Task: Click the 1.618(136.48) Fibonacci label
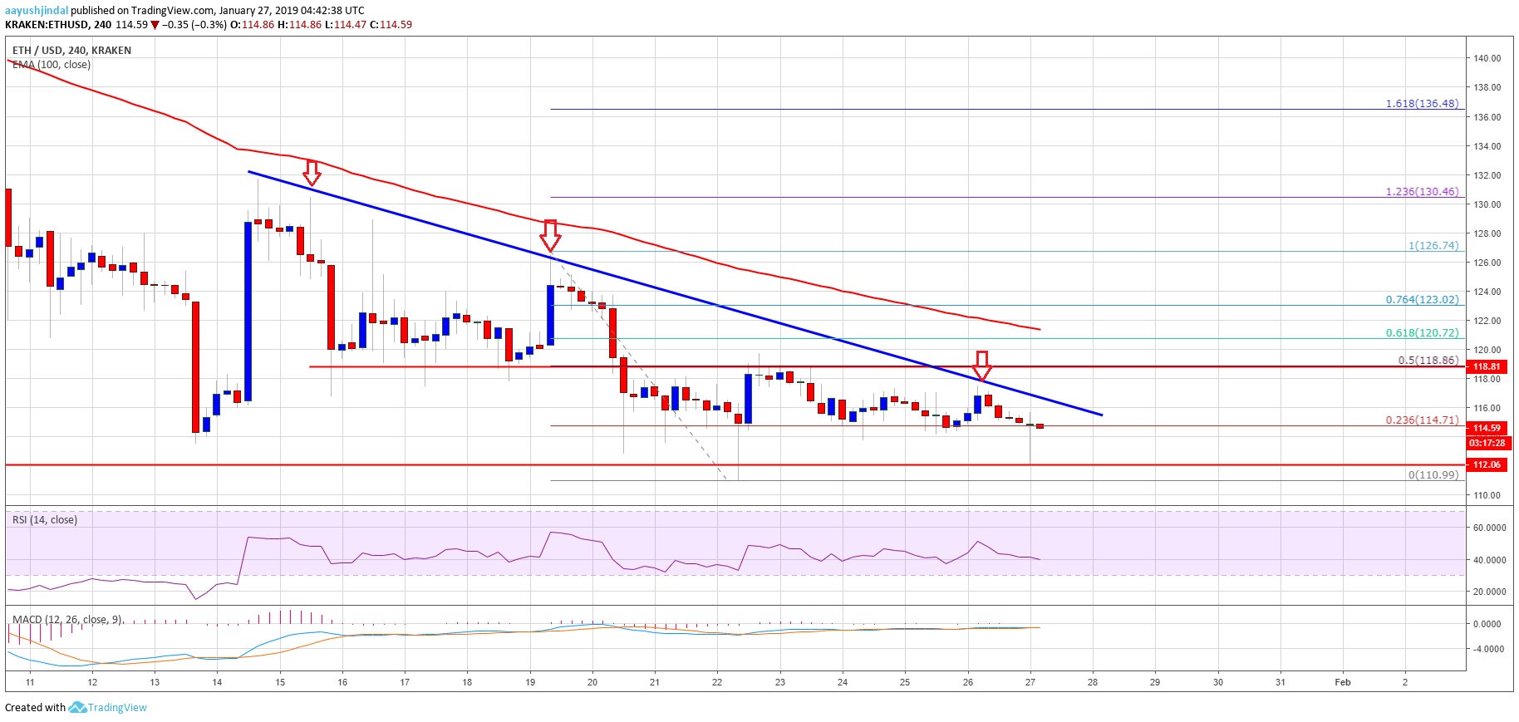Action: click(x=1421, y=104)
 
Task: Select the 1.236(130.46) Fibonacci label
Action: click(x=1421, y=192)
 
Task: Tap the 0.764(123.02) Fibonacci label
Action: click(x=1421, y=300)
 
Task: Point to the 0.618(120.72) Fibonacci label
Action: click(x=1421, y=333)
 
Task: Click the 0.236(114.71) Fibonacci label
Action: click(x=1421, y=420)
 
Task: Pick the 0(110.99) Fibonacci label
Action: click(x=1433, y=475)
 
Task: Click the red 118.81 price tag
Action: click(x=1487, y=366)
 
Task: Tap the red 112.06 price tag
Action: click(x=1487, y=464)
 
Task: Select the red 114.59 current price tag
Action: click(x=1487, y=429)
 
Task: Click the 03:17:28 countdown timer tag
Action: click(x=1487, y=443)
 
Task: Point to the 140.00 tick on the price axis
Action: click(x=1487, y=58)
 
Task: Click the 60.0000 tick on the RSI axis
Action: click(x=1488, y=528)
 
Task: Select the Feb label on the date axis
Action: click(x=1342, y=682)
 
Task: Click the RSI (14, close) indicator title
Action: click(x=45, y=520)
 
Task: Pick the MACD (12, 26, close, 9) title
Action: click(x=66, y=620)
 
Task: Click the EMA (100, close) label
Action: click(x=52, y=65)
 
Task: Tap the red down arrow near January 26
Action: click(x=981, y=364)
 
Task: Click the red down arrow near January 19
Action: click(x=549, y=235)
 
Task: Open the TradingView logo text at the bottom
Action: click(x=116, y=708)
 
